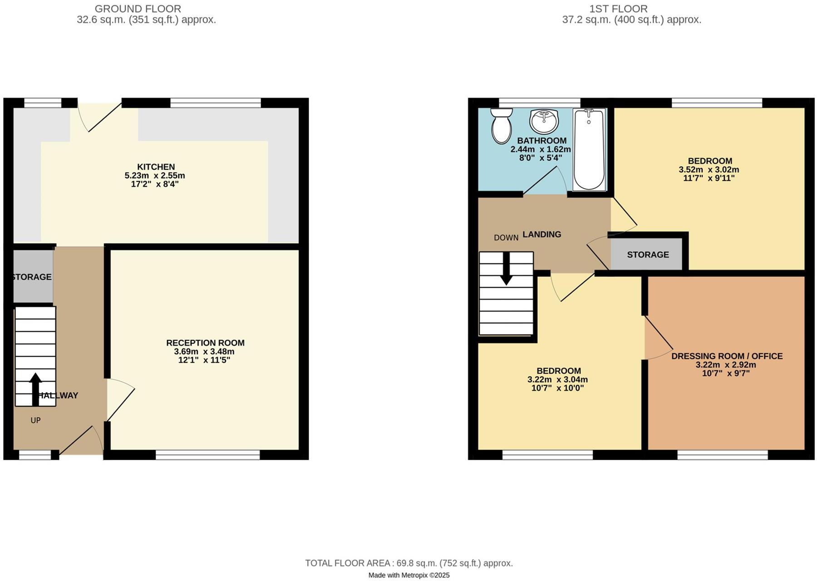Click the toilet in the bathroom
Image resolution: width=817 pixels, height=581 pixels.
coord(501,126)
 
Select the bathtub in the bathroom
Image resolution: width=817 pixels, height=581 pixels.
coord(589,149)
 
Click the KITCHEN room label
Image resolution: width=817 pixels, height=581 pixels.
coord(156,167)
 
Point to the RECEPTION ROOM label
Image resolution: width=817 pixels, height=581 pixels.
coord(205,343)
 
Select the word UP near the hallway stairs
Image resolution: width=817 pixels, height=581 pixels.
coord(35,420)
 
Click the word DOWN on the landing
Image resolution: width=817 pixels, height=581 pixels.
coord(506,237)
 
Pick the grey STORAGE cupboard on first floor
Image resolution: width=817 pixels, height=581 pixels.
coord(647,255)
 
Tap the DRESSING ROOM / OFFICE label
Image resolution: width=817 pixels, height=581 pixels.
coord(727,356)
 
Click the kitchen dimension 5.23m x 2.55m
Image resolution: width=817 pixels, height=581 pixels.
coord(154,176)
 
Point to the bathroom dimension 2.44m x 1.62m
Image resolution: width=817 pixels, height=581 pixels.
coord(540,149)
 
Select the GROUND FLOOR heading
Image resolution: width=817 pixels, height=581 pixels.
coord(138,9)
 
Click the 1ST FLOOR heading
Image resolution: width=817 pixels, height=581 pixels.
coord(618,9)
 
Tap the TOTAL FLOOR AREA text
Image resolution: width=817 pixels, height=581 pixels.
coord(408,563)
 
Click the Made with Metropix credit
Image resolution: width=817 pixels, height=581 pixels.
coord(408,575)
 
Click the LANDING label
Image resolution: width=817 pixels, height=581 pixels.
coord(541,234)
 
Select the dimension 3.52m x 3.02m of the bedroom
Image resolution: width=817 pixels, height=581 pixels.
coord(709,170)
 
